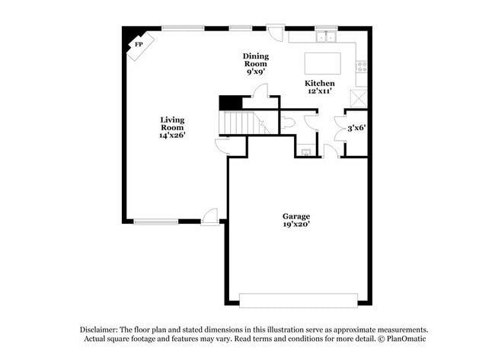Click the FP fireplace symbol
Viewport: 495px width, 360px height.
139,44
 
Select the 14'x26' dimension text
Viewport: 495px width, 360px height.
172,135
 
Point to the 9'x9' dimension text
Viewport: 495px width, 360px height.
256,72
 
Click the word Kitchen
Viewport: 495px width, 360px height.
320,83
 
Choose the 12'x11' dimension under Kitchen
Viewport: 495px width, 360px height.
320,91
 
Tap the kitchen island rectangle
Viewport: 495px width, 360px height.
322,62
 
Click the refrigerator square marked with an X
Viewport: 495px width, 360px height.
358,97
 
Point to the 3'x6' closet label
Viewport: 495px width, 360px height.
357,128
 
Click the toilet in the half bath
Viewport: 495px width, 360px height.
289,122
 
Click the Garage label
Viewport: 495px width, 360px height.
296,216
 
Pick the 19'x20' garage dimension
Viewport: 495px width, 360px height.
296,225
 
